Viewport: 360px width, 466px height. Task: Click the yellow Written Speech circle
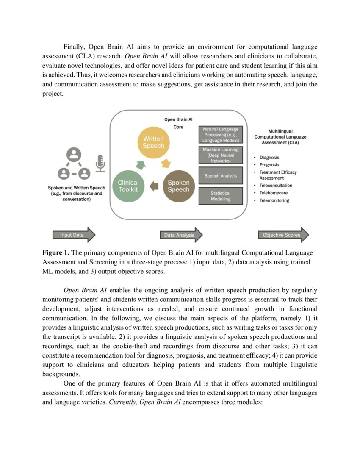[x=153, y=142]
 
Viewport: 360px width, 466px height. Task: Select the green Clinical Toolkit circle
[x=128, y=186]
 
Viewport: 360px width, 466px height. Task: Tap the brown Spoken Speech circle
[x=178, y=186]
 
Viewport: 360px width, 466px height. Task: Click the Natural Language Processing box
[x=220, y=135]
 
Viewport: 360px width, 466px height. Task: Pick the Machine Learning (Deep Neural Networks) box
[x=220, y=155]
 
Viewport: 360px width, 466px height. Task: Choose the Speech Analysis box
[x=220, y=175]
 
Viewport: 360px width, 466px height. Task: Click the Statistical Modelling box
[x=220, y=196]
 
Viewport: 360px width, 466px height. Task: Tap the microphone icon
[x=100, y=164]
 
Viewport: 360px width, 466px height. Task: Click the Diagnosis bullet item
[x=269, y=158]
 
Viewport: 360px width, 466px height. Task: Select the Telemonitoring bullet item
[x=274, y=200]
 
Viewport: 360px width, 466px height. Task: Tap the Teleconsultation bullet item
[x=275, y=186]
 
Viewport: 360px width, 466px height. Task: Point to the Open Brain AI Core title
[x=178, y=123]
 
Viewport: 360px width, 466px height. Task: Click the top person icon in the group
[x=74, y=155]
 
